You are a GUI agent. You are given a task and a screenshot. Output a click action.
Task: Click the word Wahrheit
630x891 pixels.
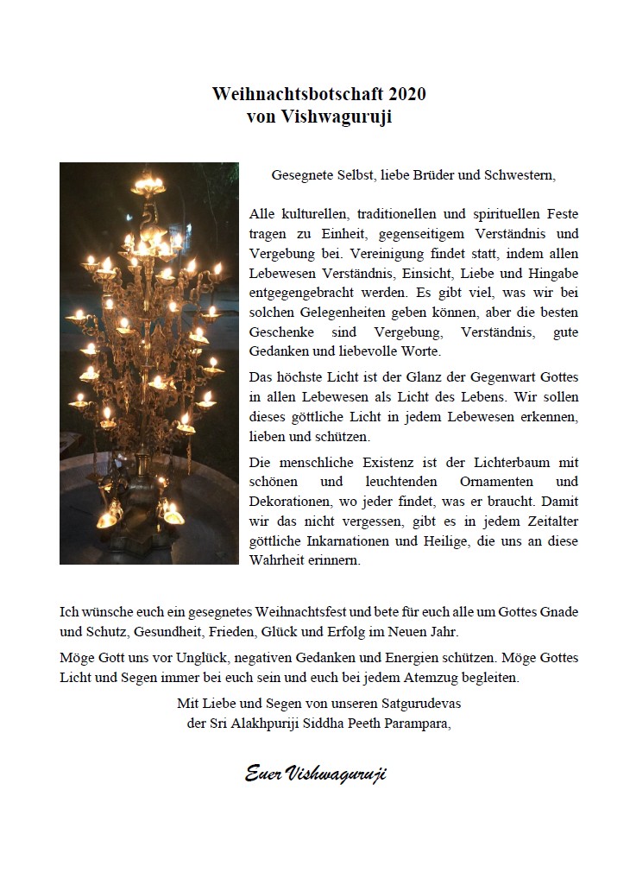pyautogui.click(x=276, y=559)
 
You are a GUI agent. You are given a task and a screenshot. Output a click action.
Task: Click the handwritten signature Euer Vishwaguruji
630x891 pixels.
pyautogui.click(x=315, y=773)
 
